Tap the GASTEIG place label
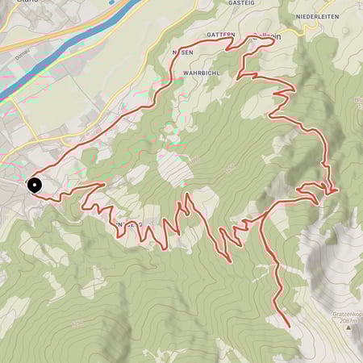click(x=241, y=3)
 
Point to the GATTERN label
click(x=220, y=35)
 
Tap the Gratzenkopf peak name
click(x=344, y=313)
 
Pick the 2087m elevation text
click(x=349, y=320)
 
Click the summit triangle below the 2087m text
click(x=349, y=329)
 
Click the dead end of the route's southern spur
click(x=289, y=326)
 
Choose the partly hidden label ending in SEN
click(x=182, y=51)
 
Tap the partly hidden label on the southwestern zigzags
click(x=130, y=223)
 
